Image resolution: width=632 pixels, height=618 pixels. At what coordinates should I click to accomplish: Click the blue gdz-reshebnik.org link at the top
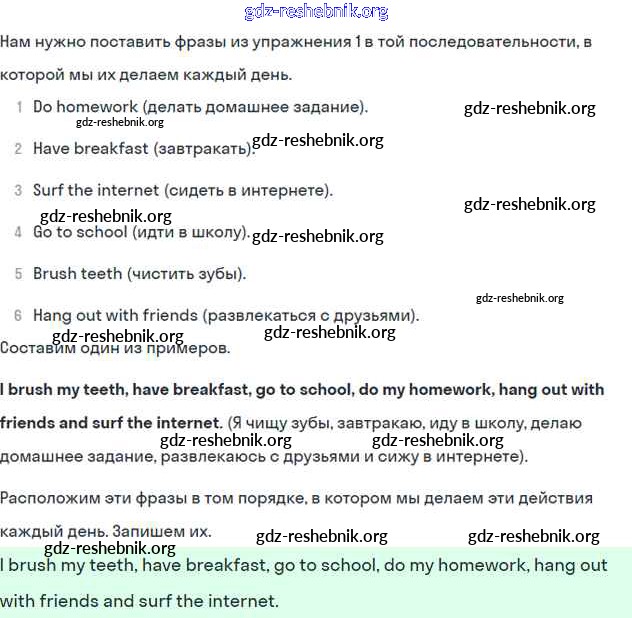316,12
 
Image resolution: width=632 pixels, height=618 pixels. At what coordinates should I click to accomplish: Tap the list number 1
19,106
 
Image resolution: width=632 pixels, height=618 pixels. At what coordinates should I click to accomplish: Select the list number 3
18,190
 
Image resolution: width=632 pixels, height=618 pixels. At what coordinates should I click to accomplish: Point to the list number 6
18,315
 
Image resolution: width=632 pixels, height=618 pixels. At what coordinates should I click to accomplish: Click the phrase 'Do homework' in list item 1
85,106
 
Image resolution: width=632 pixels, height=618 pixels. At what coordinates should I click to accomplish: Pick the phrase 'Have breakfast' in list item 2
91,148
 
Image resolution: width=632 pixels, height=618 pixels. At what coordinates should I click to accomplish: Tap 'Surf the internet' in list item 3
96,190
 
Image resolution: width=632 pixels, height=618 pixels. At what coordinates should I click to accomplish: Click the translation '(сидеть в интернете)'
249,190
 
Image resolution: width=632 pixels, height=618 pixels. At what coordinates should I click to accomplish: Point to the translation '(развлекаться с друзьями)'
311,315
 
